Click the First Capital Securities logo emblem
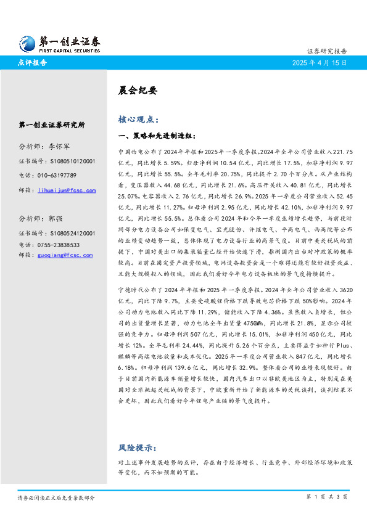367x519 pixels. pyautogui.click(x=26, y=43)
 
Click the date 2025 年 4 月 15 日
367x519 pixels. pyautogui.click(x=321, y=63)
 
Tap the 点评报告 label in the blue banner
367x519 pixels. pyautogui.click(x=31, y=63)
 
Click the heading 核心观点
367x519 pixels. pyautogui.click(x=137, y=119)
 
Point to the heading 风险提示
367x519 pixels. pyautogui.click(x=137, y=447)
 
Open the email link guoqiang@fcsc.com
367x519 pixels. pyautogui.click(x=65, y=254)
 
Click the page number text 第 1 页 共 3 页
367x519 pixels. pyautogui.click(x=327, y=496)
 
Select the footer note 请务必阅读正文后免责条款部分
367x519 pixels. pyautogui.click(x=56, y=497)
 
